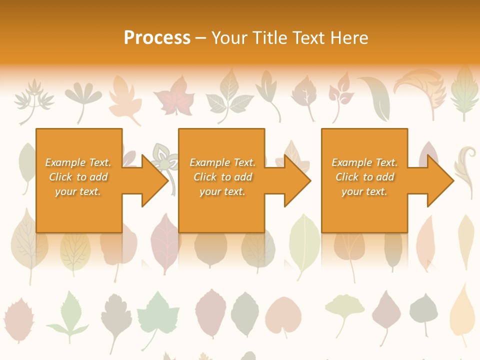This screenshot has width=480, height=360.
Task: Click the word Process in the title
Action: click(157, 38)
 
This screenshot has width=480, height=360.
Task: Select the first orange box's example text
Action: click(78, 177)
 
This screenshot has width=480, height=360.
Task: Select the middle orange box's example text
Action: click(222, 177)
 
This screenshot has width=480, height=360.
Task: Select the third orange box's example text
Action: click(364, 177)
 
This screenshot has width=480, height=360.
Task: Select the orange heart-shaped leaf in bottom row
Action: click(283, 315)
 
